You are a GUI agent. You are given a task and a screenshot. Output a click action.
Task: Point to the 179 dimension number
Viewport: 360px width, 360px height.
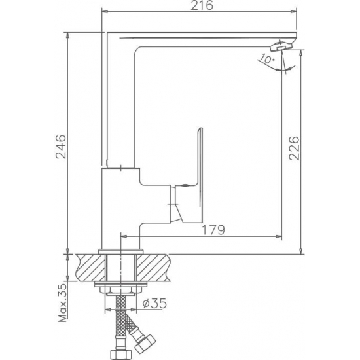pos(213,230)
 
